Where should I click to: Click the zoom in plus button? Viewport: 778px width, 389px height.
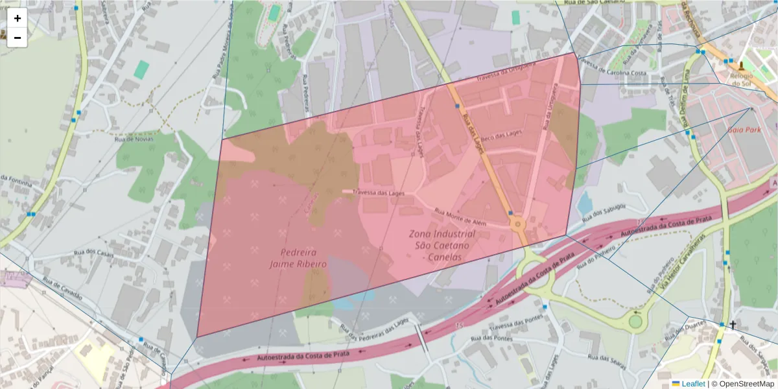point(17,18)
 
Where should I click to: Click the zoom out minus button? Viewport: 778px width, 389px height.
point(17,38)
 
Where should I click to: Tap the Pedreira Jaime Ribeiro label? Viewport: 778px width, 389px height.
point(298,258)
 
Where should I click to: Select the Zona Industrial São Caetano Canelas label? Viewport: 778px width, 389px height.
point(442,245)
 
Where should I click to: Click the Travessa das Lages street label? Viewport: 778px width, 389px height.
point(379,193)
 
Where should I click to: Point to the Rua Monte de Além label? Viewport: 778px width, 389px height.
point(460,216)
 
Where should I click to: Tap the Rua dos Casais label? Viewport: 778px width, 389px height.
point(96,254)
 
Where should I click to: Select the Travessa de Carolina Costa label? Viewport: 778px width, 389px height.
point(613,69)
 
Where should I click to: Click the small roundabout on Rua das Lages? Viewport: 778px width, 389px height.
point(517,225)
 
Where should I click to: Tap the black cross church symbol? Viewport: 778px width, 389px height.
point(733,325)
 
